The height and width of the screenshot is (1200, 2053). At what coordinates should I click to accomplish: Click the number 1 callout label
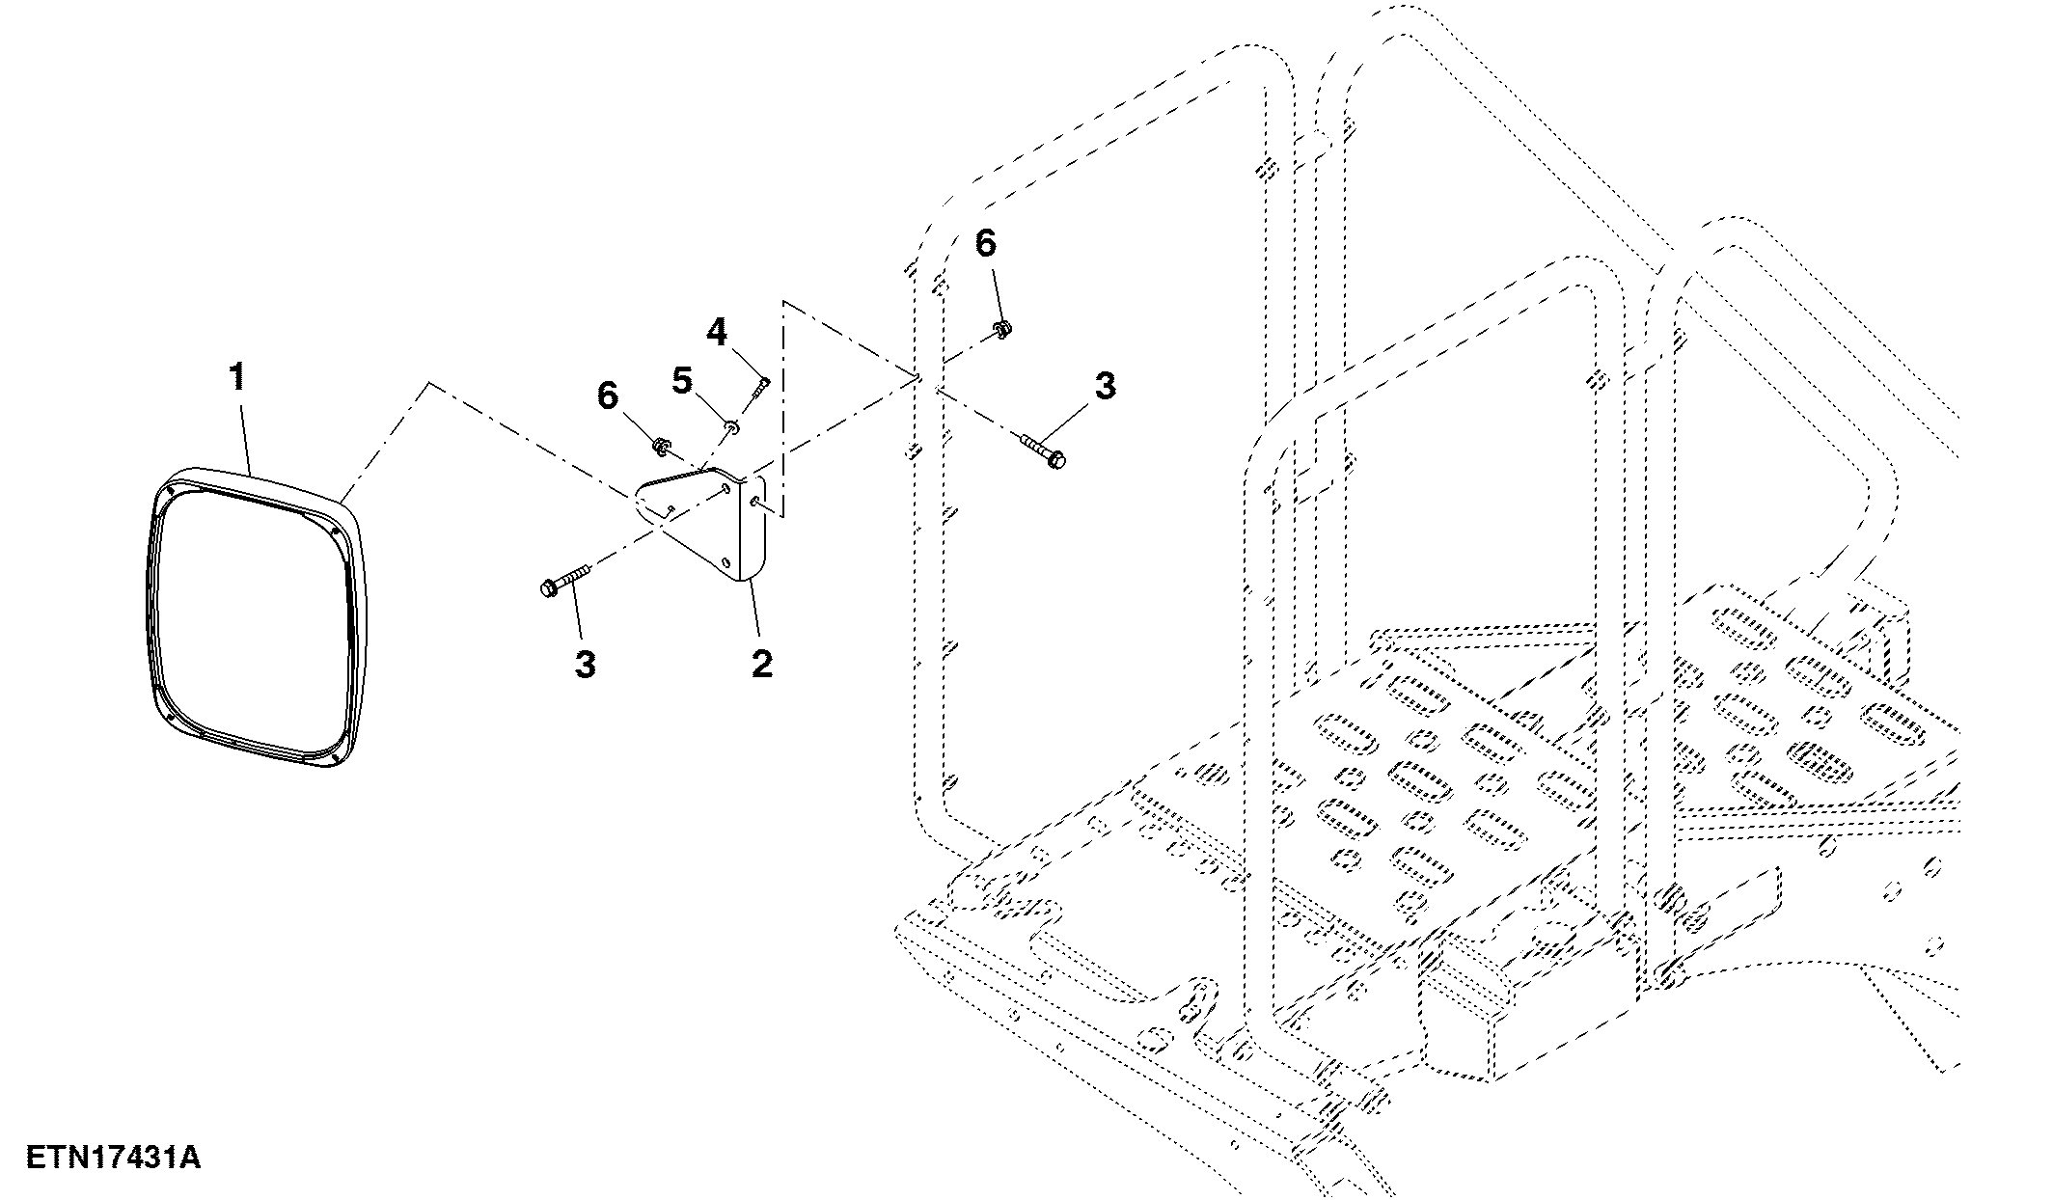pyautogui.click(x=236, y=377)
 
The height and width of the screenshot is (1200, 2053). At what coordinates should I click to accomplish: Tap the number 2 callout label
pyautogui.click(x=761, y=663)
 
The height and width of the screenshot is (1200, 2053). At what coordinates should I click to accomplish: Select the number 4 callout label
pyautogui.click(x=716, y=333)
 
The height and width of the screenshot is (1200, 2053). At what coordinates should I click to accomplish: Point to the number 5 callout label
pyautogui.click(x=682, y=381)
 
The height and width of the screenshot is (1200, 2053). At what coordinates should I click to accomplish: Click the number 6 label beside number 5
pyautogui.click(x=608, y=395)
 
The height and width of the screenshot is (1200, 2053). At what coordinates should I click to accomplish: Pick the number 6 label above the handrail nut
pyautogui.click(x=985, y=244)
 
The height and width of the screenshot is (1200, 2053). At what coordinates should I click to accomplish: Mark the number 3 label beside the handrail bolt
pyautogui.click(x=1106, y=386)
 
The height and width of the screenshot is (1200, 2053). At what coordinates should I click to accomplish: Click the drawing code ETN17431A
pyautogui.click(x=114, y=1158)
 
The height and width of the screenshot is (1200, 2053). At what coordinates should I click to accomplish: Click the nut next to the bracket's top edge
pyautogui.click(x=662, y=446)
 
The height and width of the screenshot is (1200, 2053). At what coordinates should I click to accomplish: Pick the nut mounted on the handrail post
pyautogui.click(x=1002, y=329)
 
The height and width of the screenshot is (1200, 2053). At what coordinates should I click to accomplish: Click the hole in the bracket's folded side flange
pyautogui.click(x=754, y=501)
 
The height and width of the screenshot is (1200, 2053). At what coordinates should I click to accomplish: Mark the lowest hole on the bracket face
pyautogui.click(x=725, y=559)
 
